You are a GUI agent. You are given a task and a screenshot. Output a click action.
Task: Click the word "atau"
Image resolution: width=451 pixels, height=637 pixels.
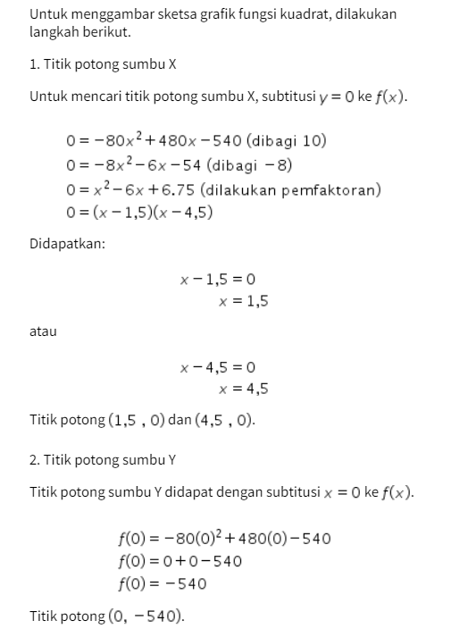[43, 331]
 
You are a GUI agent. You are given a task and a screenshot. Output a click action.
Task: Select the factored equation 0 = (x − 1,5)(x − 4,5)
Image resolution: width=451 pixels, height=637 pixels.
[138, 213]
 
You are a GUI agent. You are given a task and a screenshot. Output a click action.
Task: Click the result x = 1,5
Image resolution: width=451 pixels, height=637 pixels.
[243, 301]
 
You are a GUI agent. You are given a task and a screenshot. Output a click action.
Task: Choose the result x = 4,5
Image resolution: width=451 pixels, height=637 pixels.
[243, 389]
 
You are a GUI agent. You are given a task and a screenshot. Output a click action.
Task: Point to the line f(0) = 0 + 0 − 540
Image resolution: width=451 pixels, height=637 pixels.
[180, 561]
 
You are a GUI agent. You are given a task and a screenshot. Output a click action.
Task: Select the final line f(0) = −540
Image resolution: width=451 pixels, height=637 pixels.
[162, 584]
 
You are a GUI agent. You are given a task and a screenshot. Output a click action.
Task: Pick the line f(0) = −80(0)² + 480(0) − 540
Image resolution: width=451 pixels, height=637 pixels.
[224, 538]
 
